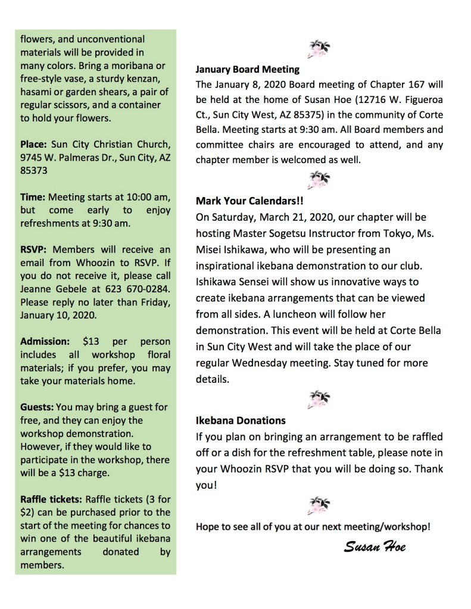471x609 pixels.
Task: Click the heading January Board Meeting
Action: [248, 68]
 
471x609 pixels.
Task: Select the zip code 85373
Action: [34, 171]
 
